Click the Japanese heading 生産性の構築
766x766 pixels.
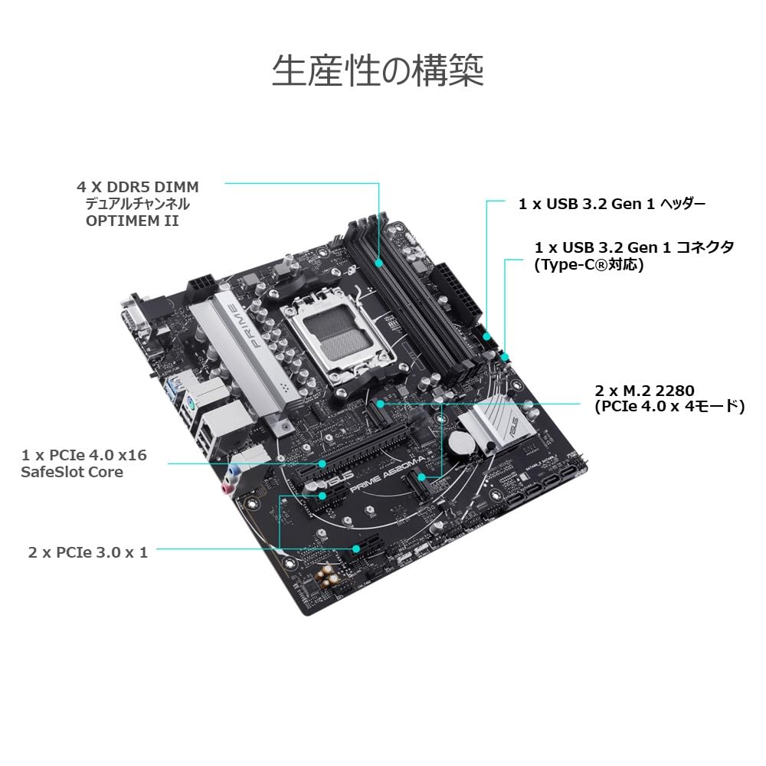tap(378, 71)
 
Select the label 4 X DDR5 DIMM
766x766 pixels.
tap(138, 187)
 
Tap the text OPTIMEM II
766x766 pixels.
tap(132, 221)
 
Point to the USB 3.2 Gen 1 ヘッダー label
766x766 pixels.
tap(611, 204)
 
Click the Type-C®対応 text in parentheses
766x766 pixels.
tap(588, 265)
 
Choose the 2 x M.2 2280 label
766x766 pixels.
tap(644, 390)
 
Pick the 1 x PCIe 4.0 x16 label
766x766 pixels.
tap(84, 455)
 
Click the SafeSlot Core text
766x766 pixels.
tap(72, 472)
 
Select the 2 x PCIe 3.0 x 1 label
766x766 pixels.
tap(88, 552)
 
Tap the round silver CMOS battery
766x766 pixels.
tap(462, 443)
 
